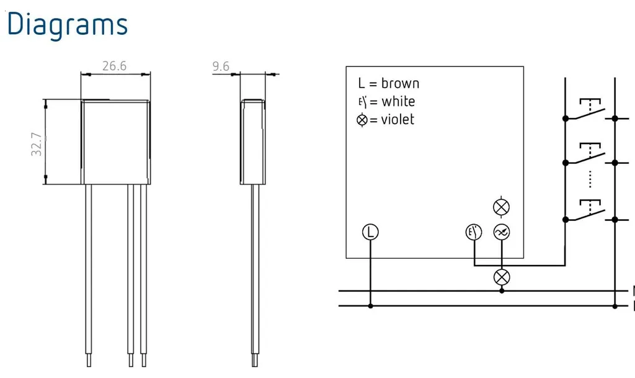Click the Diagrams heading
coord(67,25)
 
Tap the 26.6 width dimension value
coord(114,66)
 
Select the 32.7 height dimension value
coord(37,144)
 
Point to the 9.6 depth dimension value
coord(221,66)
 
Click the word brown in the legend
coord(400,83)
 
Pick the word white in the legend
coord(398,101)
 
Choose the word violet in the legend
coord(397,120)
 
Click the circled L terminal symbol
coord(370,232)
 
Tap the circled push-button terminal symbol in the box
coord(474,232)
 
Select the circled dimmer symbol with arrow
coord(501,232)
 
